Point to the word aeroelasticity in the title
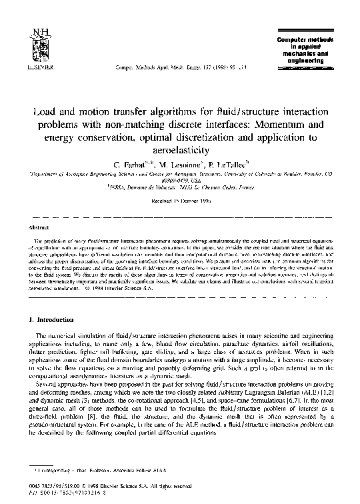(x=179, y=152)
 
